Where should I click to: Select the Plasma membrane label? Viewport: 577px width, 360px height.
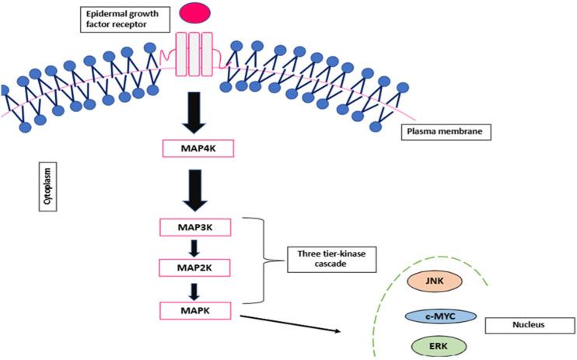(442, 131)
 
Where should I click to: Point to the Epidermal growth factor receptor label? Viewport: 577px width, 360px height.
(124, 17)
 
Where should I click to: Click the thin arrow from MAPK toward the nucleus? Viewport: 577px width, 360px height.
(290, 322)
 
